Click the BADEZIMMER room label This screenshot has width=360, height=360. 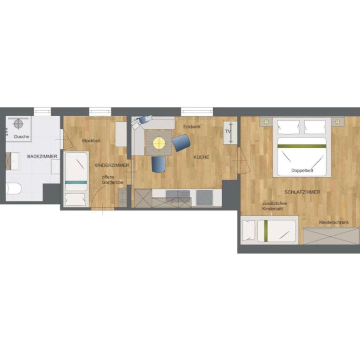[42, 157]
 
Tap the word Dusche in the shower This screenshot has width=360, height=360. [22, 136]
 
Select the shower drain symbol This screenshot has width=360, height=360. [18, 124]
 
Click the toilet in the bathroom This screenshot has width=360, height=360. [14, 188]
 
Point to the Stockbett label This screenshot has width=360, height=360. [91, 141]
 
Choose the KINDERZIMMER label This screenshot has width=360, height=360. [112, 165]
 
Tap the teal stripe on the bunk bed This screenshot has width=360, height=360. [76, 182]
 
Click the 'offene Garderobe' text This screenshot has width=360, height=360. [112, 180]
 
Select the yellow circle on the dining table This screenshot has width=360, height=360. [159, 143]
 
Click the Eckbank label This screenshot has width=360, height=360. [192, 127]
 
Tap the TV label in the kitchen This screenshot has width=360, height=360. [228, 132]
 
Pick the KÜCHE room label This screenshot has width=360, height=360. [201, 157]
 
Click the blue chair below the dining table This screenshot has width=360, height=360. [158, 165]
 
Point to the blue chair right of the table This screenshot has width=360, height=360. [181, 143]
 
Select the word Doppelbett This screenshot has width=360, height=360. [302, 170]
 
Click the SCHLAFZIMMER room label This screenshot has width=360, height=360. [302, 192]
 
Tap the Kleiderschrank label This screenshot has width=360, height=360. [334, 222]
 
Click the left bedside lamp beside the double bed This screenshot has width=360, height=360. [266, 122]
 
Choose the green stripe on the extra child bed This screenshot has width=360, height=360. [266, 231]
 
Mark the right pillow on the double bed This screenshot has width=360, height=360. [315, 127]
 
